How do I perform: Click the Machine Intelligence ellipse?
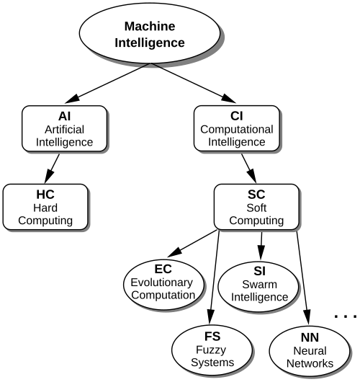click(150, 34)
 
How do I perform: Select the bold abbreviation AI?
click(65, 116)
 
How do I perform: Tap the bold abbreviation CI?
click(237, 116)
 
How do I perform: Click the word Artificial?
click(65, 129)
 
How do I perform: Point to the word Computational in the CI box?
click(237, 129)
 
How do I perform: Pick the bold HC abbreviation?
click(45, 195)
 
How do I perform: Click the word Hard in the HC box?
click(45, 208)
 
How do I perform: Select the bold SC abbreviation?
click(256, 195)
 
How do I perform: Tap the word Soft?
click(256, 208)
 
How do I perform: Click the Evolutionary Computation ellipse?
click(163, 284)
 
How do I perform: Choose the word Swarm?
click(259, 284)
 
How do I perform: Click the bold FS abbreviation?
click(212, 337)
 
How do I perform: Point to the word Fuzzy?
click(211, 350)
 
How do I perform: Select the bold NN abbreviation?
click(310, 337)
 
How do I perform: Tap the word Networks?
click(310, 363)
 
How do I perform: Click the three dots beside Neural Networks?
click(346, 316)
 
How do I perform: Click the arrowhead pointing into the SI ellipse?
click(261, 253)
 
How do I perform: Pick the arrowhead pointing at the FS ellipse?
click(210, 317)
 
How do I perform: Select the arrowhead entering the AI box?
click(73, 99)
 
